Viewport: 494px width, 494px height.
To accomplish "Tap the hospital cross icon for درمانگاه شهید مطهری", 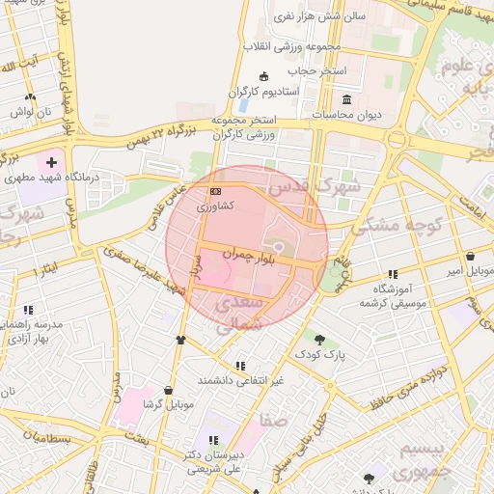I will coord(51,163).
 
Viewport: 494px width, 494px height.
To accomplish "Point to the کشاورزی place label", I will coord(214,206).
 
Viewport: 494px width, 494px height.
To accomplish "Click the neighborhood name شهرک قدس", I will coord(315,183).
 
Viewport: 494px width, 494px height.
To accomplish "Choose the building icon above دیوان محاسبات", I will coord(346,98).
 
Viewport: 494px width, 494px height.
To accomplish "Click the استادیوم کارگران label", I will coord(265,92).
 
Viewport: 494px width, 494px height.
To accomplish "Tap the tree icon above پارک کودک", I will coord(319,339).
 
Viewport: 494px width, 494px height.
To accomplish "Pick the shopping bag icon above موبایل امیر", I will coord(469,257).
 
